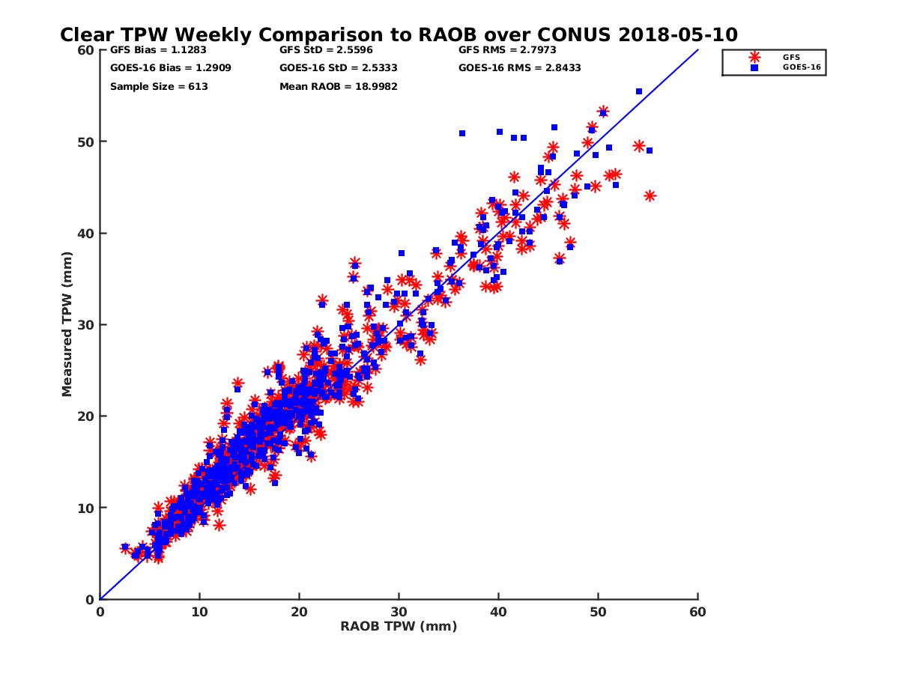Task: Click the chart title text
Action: [399, 35]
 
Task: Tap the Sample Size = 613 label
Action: [159, 86]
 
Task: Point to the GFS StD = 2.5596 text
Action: [326, 50]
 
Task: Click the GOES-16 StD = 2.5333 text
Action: [338, 68]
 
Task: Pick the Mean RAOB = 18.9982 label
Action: [338, 86]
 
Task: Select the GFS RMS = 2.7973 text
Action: [507, 50]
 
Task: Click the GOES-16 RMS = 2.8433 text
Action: [519, 68]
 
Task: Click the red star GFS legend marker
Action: [754, 57]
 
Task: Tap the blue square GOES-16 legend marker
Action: [754, 67]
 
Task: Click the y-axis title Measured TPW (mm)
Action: [67, 324]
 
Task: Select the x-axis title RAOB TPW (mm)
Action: [399, 626]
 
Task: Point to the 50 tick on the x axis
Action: [598, 612]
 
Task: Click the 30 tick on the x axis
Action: [399, 612]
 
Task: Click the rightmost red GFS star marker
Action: [650, 195]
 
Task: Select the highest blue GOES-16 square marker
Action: [639, 91]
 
